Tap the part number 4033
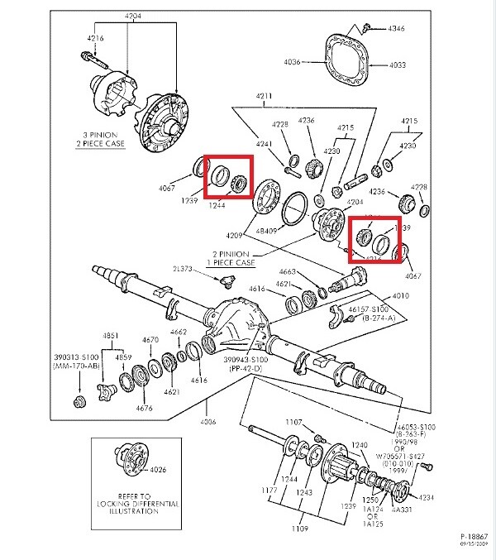coord(398,64)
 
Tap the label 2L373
coord(184,270)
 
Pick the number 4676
coord(145,408)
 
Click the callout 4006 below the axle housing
coord(208,422)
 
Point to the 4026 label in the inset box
coord(157,470)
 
